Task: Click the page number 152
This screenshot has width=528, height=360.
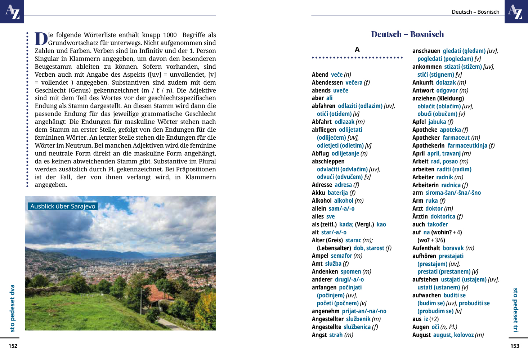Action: pyautogui.click(x=13, y=346)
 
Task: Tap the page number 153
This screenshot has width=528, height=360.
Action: pyautogui.click(x=515, y=346)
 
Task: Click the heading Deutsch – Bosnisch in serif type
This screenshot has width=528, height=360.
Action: pyautogui.click(x=407, y=34)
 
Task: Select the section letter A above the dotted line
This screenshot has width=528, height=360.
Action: pyautogui.click(x=357, y=50)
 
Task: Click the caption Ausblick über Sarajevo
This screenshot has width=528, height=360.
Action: pyautogui.click(x=63, y=206)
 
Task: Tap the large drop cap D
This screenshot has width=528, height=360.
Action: pyautogui.click(x=41, y=39)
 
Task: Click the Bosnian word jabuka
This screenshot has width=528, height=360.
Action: pyautogui.click(x=437, y=122)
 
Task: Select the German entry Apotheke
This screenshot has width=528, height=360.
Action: pyautogui.click(x=425, y=130)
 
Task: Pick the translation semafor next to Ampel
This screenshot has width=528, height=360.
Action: pyautogui.click(x=341, y=256)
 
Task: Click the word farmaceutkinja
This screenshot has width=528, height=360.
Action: pyautogui.click(x=467, y=145)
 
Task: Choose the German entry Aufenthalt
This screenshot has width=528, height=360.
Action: pyautogui.click(x=426, y=248)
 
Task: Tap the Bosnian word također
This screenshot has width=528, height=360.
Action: pyautogui.click(x=438, y=224)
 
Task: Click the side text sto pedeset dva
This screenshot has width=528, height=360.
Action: pyautogui.click(x=12, y=308)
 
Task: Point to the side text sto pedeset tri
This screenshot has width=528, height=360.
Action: pyautogui.click(x=515, y=310)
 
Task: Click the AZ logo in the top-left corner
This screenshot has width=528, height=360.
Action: pyautogui.click(x=12, y=12)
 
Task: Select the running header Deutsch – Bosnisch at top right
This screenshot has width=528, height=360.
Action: pyautogui.click(x=475, y=12)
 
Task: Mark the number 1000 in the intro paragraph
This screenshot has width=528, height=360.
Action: pyautogui.click(x=170, y=35)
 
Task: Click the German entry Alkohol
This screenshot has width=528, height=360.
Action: pyautogui.click(x=322, y=201)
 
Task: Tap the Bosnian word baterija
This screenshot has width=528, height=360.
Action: pyautogui.click(x=337, y=193)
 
